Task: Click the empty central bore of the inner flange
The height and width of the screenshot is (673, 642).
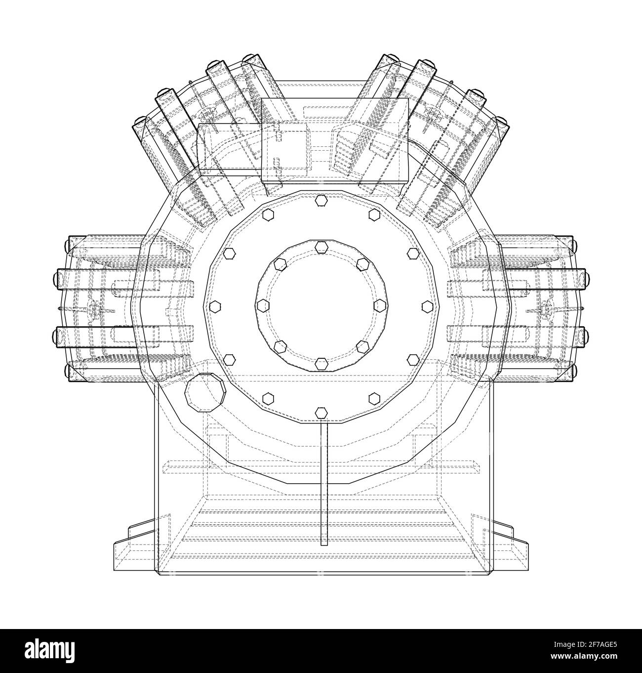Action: point(321,302)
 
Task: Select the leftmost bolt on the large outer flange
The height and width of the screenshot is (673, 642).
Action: point(215,306)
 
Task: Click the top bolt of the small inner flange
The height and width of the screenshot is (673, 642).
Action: point(321,246)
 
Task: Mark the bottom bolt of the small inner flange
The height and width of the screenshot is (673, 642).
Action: point(321,365)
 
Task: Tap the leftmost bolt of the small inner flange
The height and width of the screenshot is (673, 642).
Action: point(262,303)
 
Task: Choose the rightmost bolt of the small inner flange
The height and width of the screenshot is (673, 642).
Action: point(380,303)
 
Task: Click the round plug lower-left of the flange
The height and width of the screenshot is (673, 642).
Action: point(205,392)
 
